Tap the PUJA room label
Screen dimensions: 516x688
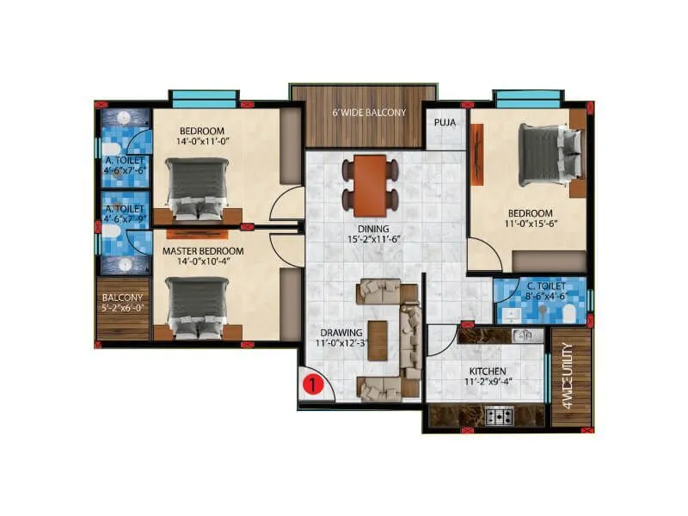(x=445, y=122)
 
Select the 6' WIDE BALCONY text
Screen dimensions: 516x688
(x=363, y=113)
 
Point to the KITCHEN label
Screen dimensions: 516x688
(x=487, y=371)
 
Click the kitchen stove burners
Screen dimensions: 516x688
(x=499, y=416)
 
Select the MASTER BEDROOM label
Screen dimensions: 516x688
(x=203, y=251)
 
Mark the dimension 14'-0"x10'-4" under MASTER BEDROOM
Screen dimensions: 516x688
(x=203, y=262)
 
